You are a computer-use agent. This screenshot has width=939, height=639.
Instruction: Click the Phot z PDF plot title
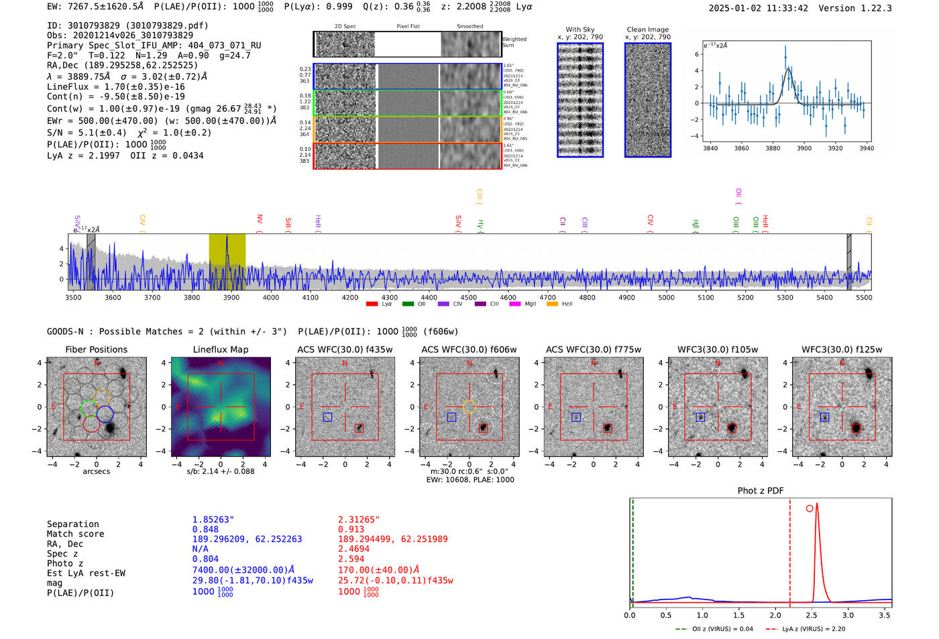coord(761,490)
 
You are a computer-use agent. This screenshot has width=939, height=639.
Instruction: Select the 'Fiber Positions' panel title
coord(96,349)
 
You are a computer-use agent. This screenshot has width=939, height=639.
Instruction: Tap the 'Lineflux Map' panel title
coord(220,349)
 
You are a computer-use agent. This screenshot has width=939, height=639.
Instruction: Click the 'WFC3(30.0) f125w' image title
coord(842,349)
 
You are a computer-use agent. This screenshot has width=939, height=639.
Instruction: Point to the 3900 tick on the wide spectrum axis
coord(231,297)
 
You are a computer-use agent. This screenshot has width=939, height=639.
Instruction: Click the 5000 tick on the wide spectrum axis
coord(666,297)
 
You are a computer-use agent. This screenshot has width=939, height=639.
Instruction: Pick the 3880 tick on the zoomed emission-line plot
coord(773,148)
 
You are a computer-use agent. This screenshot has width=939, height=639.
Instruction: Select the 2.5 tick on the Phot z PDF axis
coord(812,615)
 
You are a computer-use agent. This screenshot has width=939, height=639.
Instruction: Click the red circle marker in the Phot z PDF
coord(810,508)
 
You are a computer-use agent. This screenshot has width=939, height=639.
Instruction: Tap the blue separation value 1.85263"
coord(213,520)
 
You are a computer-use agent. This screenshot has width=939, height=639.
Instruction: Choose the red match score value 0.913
coord(351,529)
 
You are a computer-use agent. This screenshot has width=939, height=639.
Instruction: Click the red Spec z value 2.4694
coord(354,548)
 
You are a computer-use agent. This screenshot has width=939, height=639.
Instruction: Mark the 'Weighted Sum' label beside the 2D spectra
coord(514,42)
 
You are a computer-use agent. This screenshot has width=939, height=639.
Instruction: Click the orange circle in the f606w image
coord(469,406)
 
